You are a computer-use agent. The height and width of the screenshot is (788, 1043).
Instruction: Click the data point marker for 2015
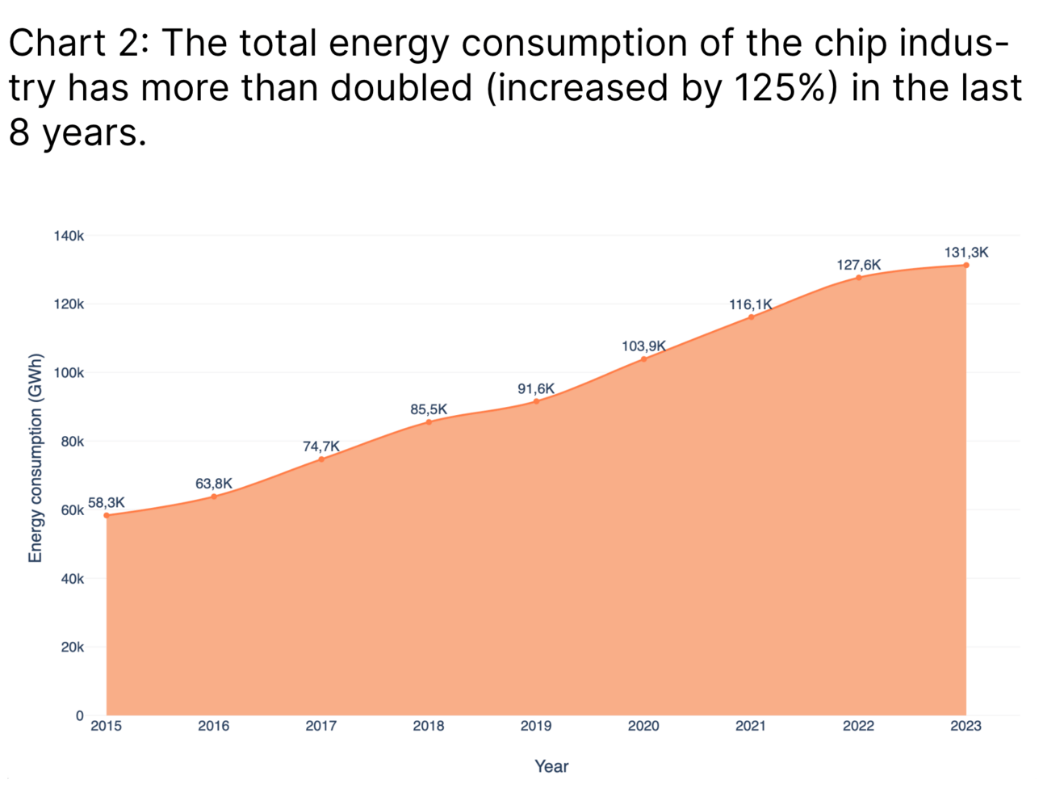(x=107, y=515)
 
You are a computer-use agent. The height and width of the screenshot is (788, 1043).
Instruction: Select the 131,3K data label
(x=966, y=253)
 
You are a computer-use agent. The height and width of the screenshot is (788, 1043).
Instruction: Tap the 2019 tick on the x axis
(x=536, y=726)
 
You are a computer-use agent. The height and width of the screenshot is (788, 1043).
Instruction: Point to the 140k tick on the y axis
(x=69, y=236)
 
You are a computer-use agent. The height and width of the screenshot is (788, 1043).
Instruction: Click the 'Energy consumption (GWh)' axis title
(x=35, y=458)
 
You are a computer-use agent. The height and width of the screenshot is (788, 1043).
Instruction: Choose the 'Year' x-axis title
(x=551, y=766)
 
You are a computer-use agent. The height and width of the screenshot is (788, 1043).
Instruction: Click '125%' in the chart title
(x=781, y=87)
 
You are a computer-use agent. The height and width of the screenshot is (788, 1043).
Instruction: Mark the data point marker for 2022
(x=859, y=278)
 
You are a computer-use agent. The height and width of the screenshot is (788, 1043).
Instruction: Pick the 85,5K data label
(x=429, y=409)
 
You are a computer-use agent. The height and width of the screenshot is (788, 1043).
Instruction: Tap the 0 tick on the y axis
(x=79, y=715)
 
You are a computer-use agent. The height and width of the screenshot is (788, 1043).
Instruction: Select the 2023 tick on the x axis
(x=966, y=726)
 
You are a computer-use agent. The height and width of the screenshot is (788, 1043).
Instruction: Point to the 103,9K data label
(x=643, y=346)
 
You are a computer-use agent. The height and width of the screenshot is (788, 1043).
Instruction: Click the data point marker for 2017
(x=321, y=459)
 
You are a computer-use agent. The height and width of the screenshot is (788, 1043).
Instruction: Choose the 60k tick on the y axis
(x=72, y=510)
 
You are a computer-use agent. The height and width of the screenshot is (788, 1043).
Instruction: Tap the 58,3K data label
(x=107, y=502)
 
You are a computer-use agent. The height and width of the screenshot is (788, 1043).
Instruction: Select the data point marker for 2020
(x=643, y=358)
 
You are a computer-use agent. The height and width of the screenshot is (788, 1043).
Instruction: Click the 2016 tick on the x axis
(x=214, y=726)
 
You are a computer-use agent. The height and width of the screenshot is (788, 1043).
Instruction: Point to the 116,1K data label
(x=751, y=304)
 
